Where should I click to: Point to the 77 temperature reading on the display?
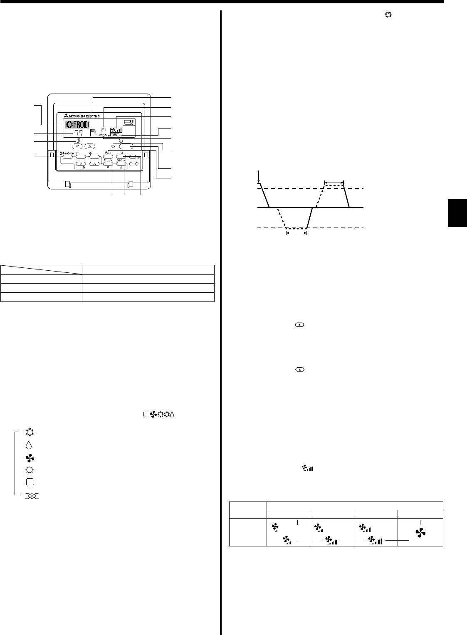click(x=79, y=133)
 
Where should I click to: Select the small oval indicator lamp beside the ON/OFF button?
click(x=113, y=146)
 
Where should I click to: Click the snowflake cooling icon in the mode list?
click(x=32, y=432)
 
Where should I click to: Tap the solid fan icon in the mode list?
click(x=32, y=458)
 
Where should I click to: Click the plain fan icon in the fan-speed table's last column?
click(x=420, y=531)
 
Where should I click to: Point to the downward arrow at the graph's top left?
click(x=259, y=177)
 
